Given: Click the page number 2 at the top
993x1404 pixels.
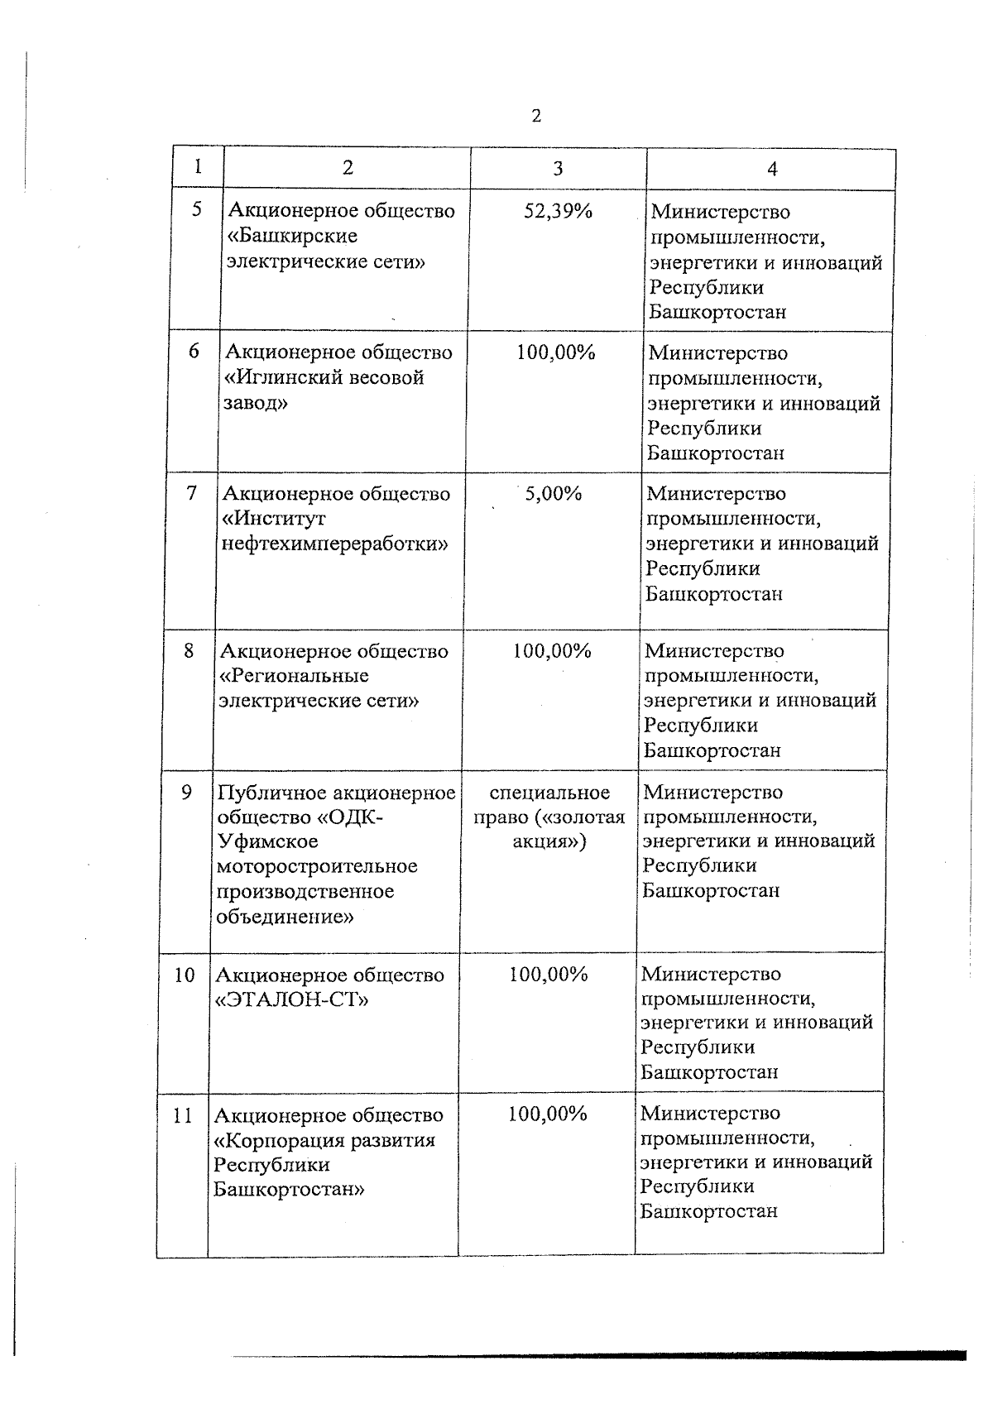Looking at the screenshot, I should (x=536, y=116).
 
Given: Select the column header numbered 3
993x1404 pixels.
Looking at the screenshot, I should (x=558, y=168).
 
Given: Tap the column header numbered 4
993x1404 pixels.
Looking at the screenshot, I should (x=772, y=169).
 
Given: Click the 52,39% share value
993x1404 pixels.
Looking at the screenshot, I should (x=559, y=211).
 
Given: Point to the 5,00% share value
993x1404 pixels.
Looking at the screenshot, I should (x=554, y=494).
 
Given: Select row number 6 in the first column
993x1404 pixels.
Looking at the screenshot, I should (x=194, y=351).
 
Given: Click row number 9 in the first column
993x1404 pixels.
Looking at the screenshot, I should (x=187, y=792).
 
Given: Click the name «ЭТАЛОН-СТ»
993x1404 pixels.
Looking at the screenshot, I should (x=291, y=999).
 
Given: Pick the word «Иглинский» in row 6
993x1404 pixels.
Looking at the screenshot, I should (x=283, y=377).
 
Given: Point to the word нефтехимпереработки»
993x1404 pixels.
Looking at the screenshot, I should (x=335, y=544).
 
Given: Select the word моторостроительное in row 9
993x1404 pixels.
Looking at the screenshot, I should (x=317, y=866).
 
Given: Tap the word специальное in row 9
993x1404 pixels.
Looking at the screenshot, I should (x=549, y=793).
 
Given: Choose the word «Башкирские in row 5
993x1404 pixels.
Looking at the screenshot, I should (x=291, y=236).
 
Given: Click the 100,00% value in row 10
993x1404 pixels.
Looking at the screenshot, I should (x=549, y=975).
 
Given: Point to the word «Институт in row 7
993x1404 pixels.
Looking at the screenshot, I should (x=274, y=519).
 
